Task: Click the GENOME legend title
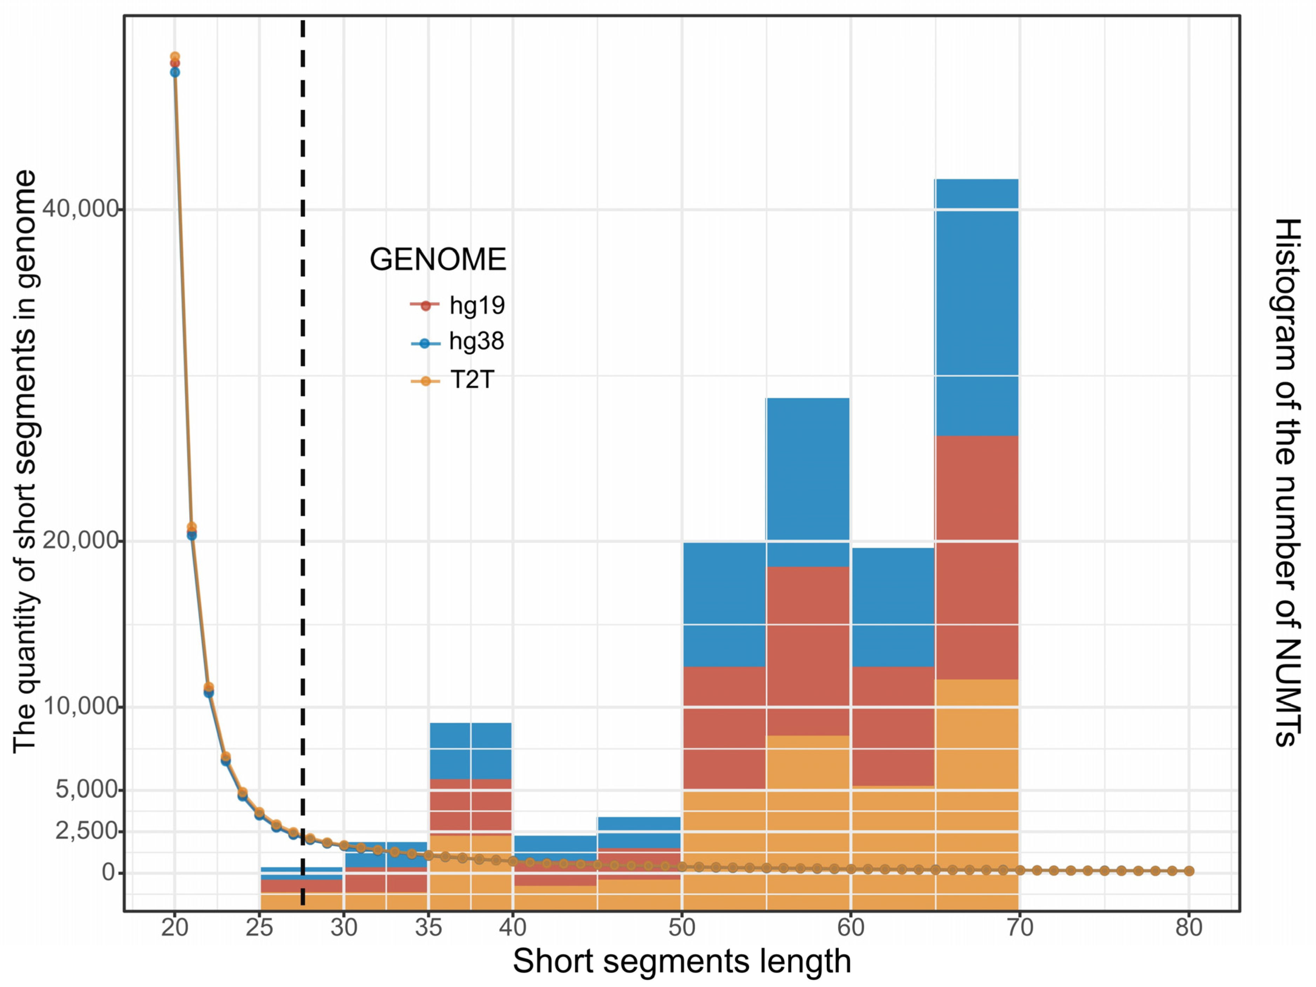click(x=438, y=259)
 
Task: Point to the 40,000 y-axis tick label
click(x=80, y=209)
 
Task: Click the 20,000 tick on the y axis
click(x=80, y=541)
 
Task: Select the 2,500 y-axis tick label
click(x=86, y=831)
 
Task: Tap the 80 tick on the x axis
click(x=1189, y=927)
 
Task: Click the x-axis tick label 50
click(x=682, y=927)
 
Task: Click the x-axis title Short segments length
click(x=682, y=961)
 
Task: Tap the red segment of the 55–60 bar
click(x=807, y=651)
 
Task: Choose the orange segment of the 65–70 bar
click(x=976, y=791)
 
